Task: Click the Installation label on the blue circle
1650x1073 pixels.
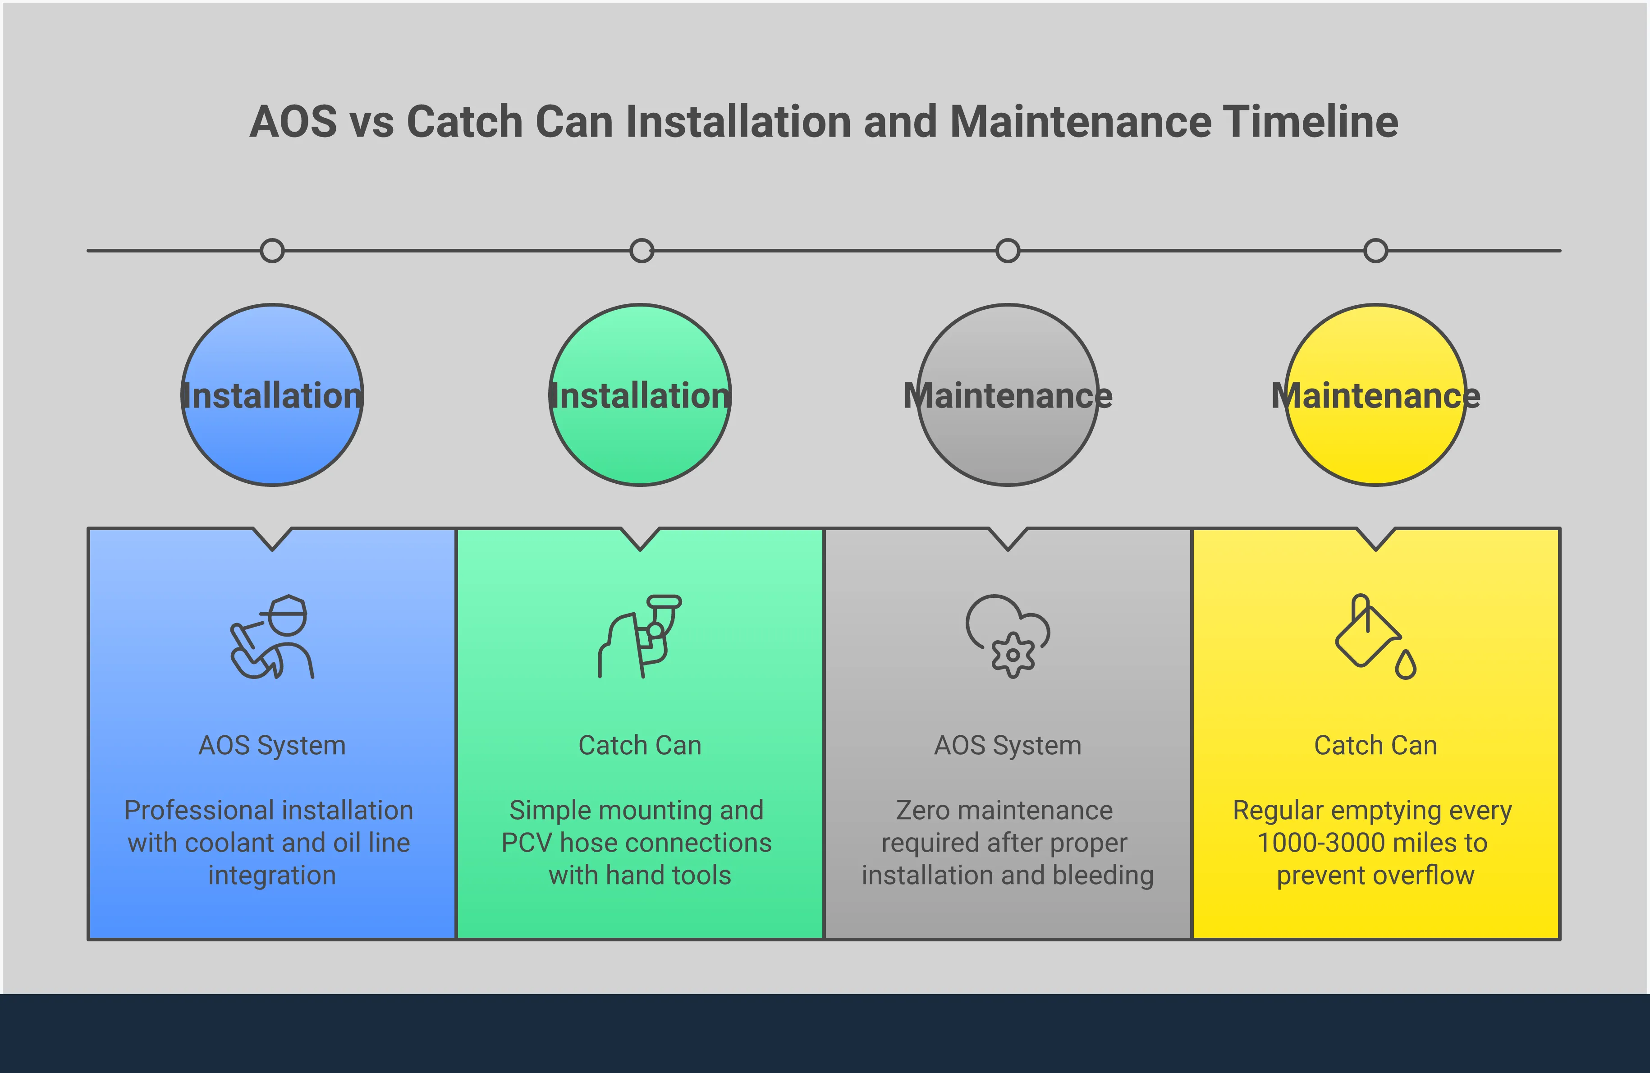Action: [272, 396]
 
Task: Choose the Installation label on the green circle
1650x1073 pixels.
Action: [640, 396]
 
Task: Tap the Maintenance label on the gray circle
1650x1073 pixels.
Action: [1007, 396]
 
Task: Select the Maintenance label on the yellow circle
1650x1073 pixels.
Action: [1375, 396]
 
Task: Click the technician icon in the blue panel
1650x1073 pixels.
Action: [272, 636]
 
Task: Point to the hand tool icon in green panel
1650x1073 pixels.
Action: [640, 636]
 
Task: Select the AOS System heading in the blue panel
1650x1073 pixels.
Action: [272, 746]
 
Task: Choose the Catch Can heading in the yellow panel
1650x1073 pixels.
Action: [1375, 746]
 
